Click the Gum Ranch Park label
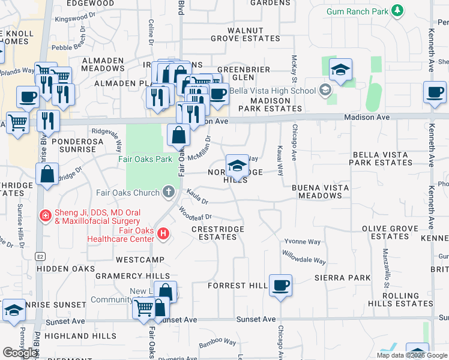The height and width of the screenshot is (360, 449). coord(357,11)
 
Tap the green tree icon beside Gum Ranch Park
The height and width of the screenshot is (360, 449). coord(397,11)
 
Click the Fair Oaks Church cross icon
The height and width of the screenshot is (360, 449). coord(169,193)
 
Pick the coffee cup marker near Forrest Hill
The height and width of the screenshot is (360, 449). coord(280,284)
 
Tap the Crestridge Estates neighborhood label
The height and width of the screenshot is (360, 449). coord(217,233)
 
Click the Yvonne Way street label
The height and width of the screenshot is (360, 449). coord(302,242)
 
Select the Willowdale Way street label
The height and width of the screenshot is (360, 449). coord(304,257)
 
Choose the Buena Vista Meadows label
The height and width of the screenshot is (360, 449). coord(320,191)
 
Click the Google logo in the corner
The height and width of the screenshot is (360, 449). coord(20,352)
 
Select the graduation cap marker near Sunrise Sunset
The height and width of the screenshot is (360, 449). coord(14,310)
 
